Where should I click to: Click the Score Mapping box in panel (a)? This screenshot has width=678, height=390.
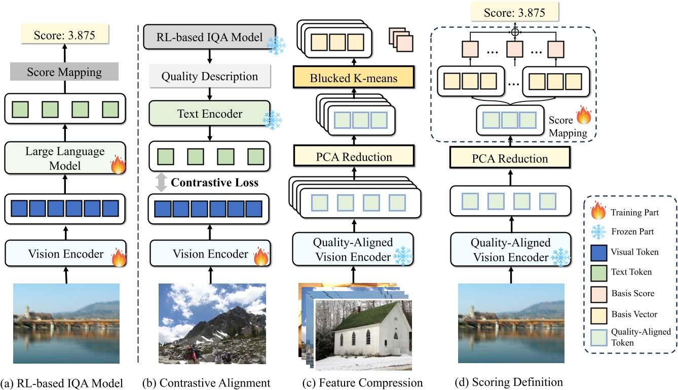coord(64,73)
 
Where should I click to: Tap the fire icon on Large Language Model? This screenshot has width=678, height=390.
coord(117,165)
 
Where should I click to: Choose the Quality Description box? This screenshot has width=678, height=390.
coord(209,77)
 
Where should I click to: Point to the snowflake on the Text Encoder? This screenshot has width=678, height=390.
coord(272,120)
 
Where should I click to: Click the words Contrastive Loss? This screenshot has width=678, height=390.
coord(215,183)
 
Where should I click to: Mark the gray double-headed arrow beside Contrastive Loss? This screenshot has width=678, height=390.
coord(161,183)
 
